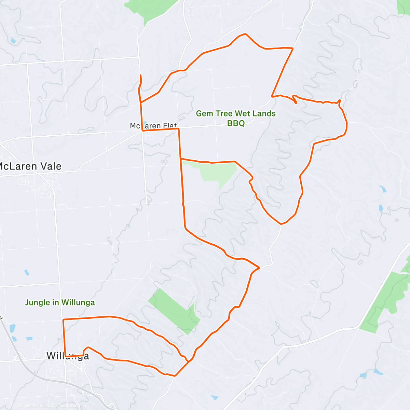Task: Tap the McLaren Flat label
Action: pyautogui.click(x=153, y=126)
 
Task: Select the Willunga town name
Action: pyautogui.click(x=68, y=356)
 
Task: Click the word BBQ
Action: pyautogui.click(x=236, y=123)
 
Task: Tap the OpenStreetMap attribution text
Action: pyautogui.click(x=72, y=406)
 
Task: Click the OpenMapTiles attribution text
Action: pyautogui.click(x=36, y=406)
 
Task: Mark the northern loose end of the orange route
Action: pyautogui.click(x=140, y=75)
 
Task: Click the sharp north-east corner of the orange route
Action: pyautogui.click(x=293, y=49)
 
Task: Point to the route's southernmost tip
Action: pyautogui.click(x=175, y=376)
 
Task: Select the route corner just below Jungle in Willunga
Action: pyautogui.click(x=64, y=319)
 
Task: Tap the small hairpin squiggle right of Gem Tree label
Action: pyautogui.click(x=295, y=99)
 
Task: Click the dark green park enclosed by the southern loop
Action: pyautogui.click(x=174, y=311)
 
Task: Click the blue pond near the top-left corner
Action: pyautogui.click(x=13, y=40)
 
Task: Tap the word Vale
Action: pyautogui.click(x=50, y=166)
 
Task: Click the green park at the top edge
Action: pyautogui.click(x=150, y=9)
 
